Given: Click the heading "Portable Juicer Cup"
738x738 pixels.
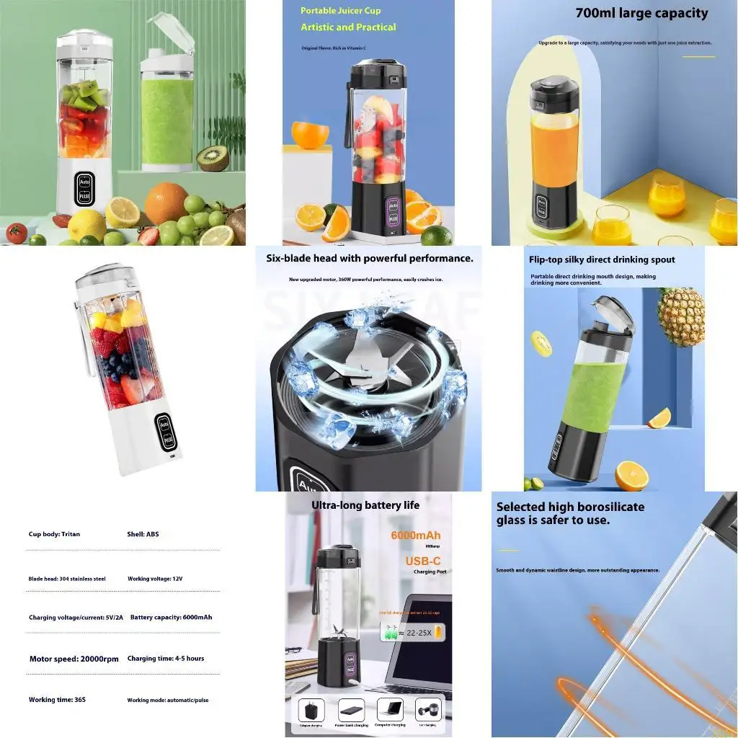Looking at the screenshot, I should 340,11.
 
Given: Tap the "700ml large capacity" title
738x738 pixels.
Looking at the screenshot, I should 641,13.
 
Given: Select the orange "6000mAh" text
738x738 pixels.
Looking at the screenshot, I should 416,535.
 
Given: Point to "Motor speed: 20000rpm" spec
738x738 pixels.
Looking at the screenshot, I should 74,659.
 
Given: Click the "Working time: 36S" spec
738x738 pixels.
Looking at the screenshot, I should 57,700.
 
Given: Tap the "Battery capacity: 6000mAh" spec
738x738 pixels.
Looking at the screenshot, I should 171,618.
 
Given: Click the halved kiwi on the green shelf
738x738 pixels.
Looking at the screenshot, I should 213,158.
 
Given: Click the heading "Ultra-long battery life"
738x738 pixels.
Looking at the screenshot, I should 365,505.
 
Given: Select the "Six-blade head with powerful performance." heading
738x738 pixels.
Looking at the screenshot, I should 370,258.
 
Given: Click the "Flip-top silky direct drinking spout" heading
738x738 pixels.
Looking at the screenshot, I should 602,259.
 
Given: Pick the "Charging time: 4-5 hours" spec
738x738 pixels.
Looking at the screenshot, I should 166,659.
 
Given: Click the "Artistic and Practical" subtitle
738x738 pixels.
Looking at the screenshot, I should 348,27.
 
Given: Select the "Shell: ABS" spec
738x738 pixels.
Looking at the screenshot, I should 143,535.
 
